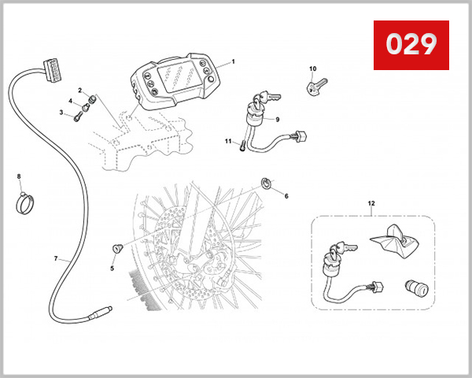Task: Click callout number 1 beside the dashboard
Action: pyautogui.click(x=233, y=61)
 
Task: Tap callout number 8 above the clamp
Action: pyautogui.click(x=20, y=176)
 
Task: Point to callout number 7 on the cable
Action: pyautogui.click(x=56, y=258)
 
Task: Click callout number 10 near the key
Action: pyautogui.click(x=312, y=69)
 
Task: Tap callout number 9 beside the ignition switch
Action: pyautogui.click(x=278, y=120)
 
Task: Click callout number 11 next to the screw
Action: pyautogui.click(x=228, y=142)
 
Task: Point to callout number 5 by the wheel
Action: pyautogui.click(x=112, y=268)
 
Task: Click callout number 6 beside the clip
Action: pyautogui.click(x=286, y=196)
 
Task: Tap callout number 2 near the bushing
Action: pyautogui.click(x=79, y=91)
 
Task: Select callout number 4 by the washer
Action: pyautogui.click(x=70, y=101)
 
